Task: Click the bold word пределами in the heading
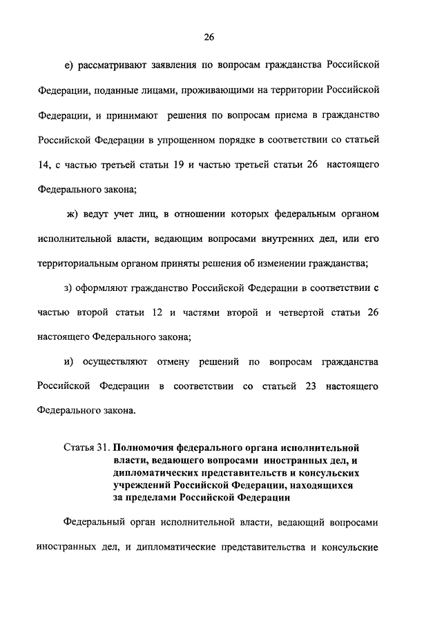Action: (151, 496)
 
